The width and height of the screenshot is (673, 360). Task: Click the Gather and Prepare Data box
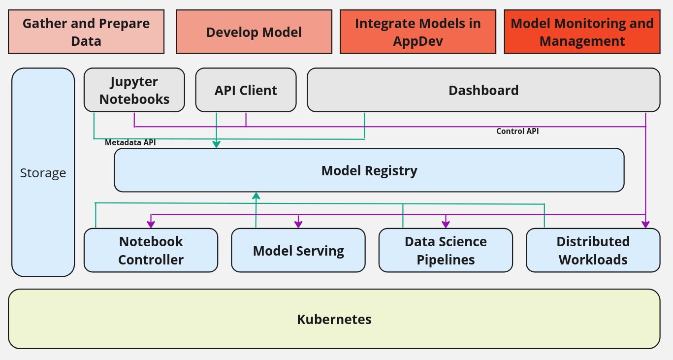(86, 32)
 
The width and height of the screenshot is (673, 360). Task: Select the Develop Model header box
(254, 32)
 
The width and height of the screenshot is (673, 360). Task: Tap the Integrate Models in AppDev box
(417, 32)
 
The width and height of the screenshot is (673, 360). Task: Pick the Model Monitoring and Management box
(582, 32)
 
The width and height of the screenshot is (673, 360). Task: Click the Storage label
(43, 173)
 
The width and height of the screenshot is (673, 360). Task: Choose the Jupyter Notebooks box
(134, 90)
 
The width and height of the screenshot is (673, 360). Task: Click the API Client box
(246, 90)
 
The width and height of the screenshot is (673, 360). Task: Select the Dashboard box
(483, 90)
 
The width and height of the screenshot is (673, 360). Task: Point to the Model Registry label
(369, 170)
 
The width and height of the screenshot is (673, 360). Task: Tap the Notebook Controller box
(151, 250)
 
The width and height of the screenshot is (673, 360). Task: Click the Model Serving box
(298, 250)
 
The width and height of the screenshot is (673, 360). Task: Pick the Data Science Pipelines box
(446, 250)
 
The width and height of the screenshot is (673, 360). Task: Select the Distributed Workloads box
(593, 250)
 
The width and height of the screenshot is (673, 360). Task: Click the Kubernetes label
(334, 319)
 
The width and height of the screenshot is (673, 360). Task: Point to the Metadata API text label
(130, 143)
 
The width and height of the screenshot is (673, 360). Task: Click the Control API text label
(517, 131)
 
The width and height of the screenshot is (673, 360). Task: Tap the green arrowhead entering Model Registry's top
(216, 144)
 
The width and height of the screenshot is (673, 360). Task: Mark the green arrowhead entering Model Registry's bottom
(256, 196)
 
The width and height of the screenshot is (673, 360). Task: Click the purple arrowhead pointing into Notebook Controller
(151, 225)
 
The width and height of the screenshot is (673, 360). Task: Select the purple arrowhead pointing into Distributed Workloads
(645, 225)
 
